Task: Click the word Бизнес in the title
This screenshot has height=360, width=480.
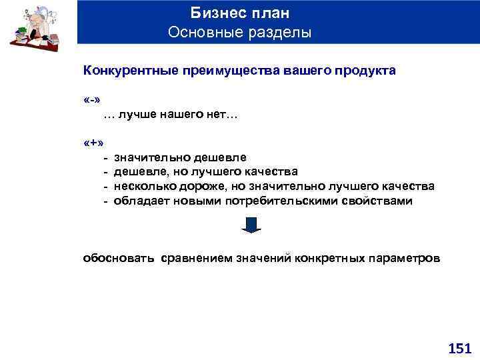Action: point(215,13)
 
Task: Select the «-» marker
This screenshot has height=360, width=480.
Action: point(92,100)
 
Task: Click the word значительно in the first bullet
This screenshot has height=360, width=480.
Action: point(152,158)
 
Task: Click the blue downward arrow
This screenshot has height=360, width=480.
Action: point(250,225)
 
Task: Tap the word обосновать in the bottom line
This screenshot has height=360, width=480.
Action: point(119,257)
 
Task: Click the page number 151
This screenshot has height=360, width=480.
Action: point(459,348)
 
